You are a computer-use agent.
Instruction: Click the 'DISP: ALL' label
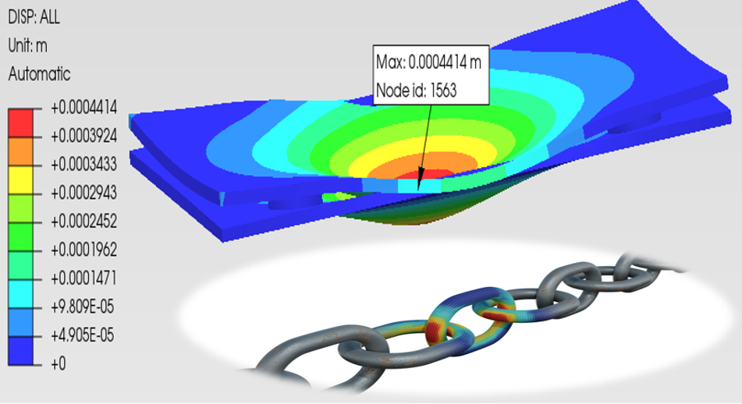[x=34, y=17]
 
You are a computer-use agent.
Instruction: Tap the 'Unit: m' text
[x=27, y=46]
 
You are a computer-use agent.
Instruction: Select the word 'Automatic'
[x=39, y=74]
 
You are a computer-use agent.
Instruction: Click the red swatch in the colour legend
[x=20, y=123]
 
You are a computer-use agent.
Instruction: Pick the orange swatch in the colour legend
[x=20, y=151]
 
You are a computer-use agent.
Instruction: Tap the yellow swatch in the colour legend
[x=20, y=179]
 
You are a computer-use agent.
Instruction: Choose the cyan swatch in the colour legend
[x=20, y=294]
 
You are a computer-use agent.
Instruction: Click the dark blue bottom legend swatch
[x=20, y=350]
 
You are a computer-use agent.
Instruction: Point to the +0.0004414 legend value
[x=83, y=108]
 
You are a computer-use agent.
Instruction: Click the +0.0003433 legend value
[x=83, y=165]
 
